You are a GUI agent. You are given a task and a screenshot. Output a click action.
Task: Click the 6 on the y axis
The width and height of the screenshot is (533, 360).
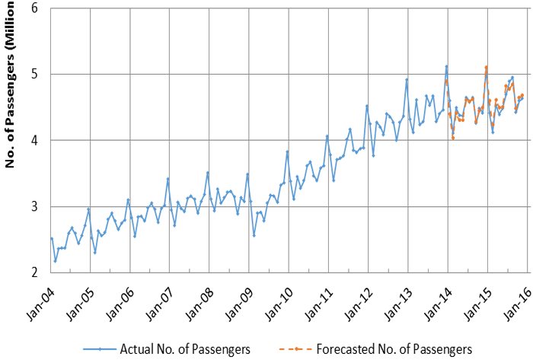point(35,8)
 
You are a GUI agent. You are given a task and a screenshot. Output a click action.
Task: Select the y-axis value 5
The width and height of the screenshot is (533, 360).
point(35,75)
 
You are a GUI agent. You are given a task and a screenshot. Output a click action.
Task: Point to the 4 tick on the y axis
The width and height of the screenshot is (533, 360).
point(35,141)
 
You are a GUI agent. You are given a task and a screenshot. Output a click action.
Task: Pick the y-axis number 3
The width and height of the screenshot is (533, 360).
point(35,207)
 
